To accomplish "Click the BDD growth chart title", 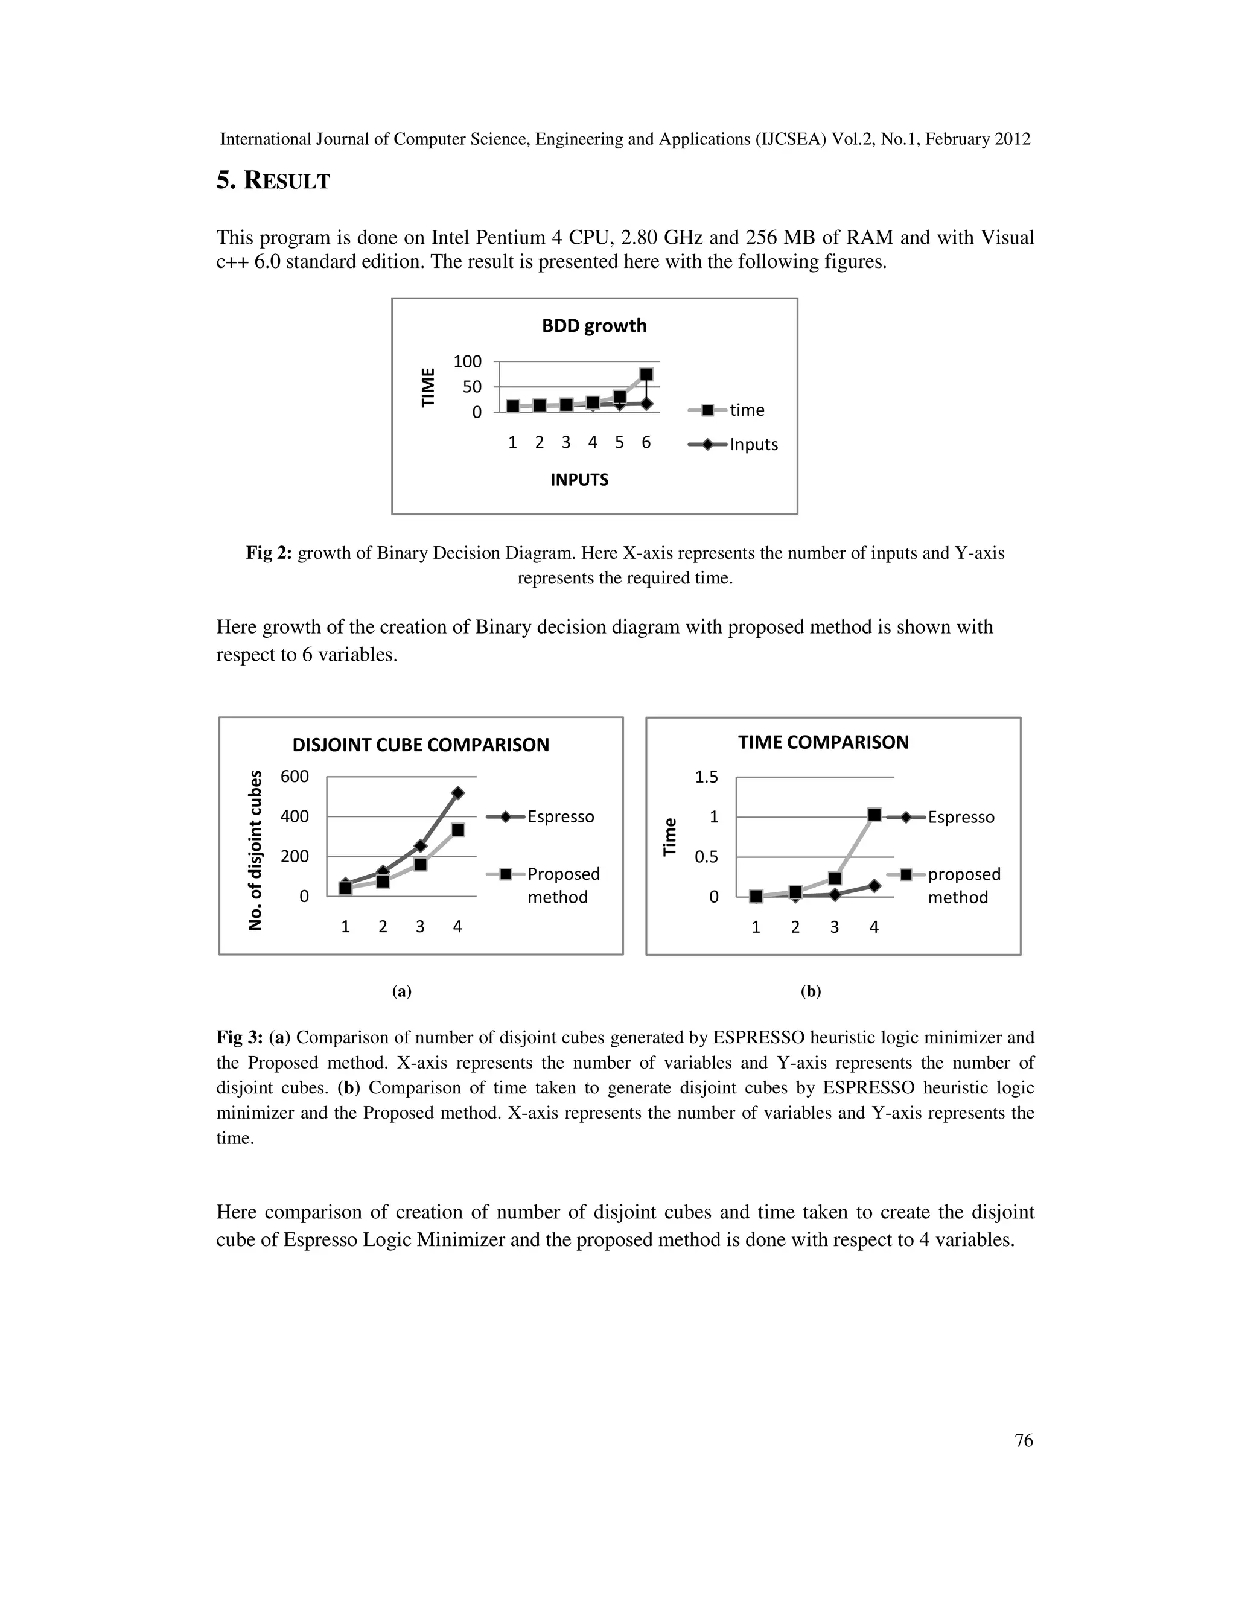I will point(594,326).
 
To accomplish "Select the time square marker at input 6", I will point(646,374).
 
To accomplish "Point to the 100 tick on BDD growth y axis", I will point(467,361).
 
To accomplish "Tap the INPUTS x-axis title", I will point(579,480).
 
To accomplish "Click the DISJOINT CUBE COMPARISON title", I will point(420,745).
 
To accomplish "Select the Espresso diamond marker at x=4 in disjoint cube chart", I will point(457,793).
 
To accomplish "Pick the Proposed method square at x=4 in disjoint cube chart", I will point(457,830).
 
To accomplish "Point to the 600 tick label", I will point(295,776).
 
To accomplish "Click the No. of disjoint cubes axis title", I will point(255,850).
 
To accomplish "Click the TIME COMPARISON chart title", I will point(823,742).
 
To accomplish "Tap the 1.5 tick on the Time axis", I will point(707,777).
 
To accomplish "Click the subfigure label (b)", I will point(811,991).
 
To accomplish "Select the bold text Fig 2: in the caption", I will point(269,553).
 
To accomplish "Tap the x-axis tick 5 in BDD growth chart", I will point(619,442).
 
